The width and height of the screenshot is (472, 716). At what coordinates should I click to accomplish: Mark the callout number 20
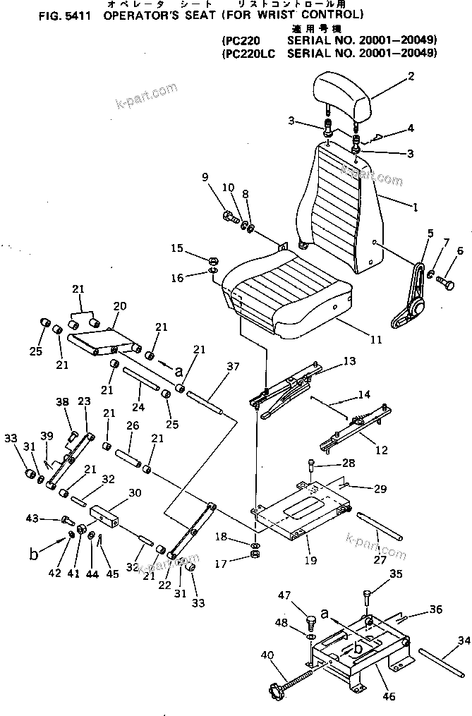(x=119, y=307)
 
